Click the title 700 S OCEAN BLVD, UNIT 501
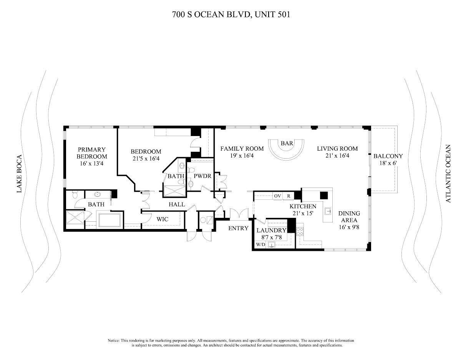231,15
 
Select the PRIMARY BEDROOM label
91,153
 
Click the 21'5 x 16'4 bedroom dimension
146,159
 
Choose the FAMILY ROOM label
242,149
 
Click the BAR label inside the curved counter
287,143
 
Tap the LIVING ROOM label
337,149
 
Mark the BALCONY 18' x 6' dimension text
388,163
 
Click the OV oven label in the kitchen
278,196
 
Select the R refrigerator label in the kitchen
288,196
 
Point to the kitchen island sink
328,211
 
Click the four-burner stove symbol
299,231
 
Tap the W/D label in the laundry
260,245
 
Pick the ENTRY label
238,228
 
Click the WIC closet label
162,219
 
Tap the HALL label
177,205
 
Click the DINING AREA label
349,217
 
